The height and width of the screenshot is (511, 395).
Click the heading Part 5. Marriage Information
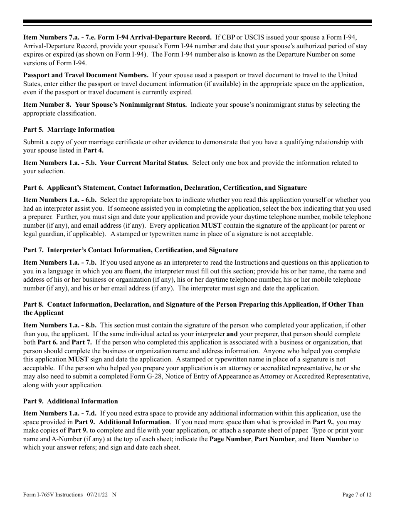(69, 130)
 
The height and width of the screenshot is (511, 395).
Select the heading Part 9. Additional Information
(71, 401)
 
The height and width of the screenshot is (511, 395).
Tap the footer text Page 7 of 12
(357, 494)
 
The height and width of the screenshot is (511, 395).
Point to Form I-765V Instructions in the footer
(53, 494)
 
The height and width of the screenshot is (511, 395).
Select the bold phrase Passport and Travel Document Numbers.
(86, 75)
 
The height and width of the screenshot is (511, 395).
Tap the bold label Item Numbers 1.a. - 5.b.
(60, 163)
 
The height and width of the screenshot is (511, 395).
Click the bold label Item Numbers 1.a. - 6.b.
(60, 200)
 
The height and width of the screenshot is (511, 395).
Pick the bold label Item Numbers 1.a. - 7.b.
(60, 263)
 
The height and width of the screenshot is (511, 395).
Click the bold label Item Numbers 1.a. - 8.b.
(60, 325)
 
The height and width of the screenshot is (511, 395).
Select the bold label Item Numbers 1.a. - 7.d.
(60, 413)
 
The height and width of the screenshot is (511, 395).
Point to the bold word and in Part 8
(232, 334)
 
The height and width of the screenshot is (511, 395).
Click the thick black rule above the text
(197, 22)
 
